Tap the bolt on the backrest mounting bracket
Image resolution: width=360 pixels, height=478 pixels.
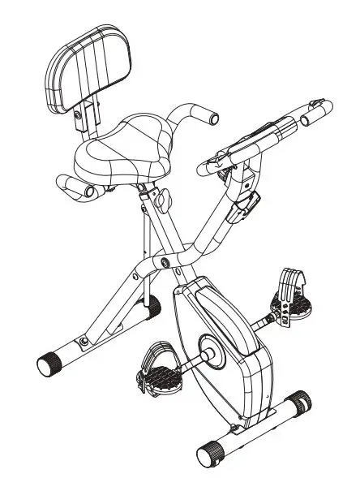tap(79, 116)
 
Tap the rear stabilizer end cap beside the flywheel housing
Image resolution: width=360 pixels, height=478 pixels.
tap(151, 306)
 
